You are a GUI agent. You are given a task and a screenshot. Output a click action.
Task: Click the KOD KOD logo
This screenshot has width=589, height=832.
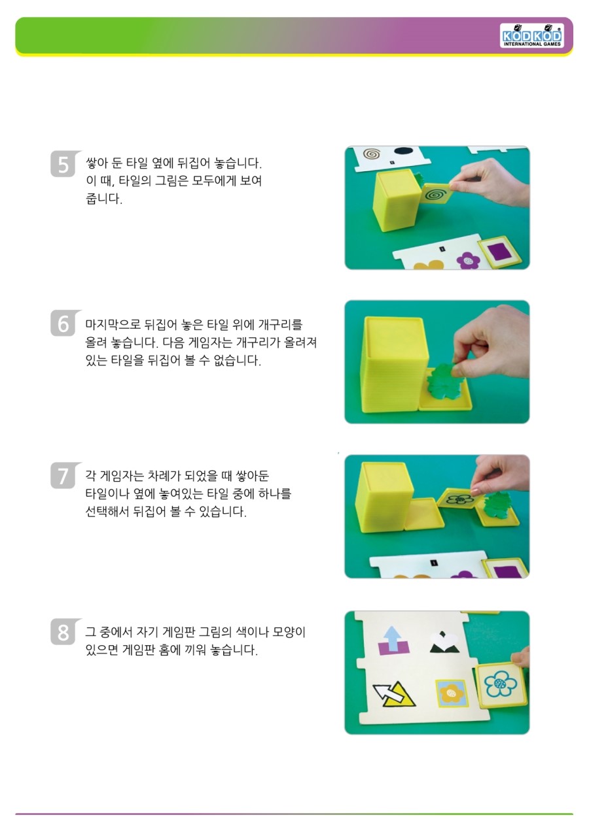pyautogui.click(x=531, y=35)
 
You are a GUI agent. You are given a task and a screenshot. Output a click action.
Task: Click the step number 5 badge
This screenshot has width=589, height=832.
pyautogui.click(x=65, y=163)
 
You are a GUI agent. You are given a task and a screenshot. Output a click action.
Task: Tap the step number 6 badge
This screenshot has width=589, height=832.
pyautogui.click(x=65, y=323)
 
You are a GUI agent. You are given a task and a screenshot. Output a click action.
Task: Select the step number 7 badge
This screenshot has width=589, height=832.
pyautogui.click(x=65, y=475)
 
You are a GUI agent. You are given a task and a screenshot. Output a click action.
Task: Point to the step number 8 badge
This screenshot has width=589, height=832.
pyautogui.click(x=65, y=631)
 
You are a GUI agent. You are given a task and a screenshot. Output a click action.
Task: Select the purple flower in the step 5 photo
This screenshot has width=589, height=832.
pyautogui.click(x=468, y=260)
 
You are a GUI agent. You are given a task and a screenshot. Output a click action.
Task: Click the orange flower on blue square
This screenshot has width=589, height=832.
pyautogui.click(x=451, y=693)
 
